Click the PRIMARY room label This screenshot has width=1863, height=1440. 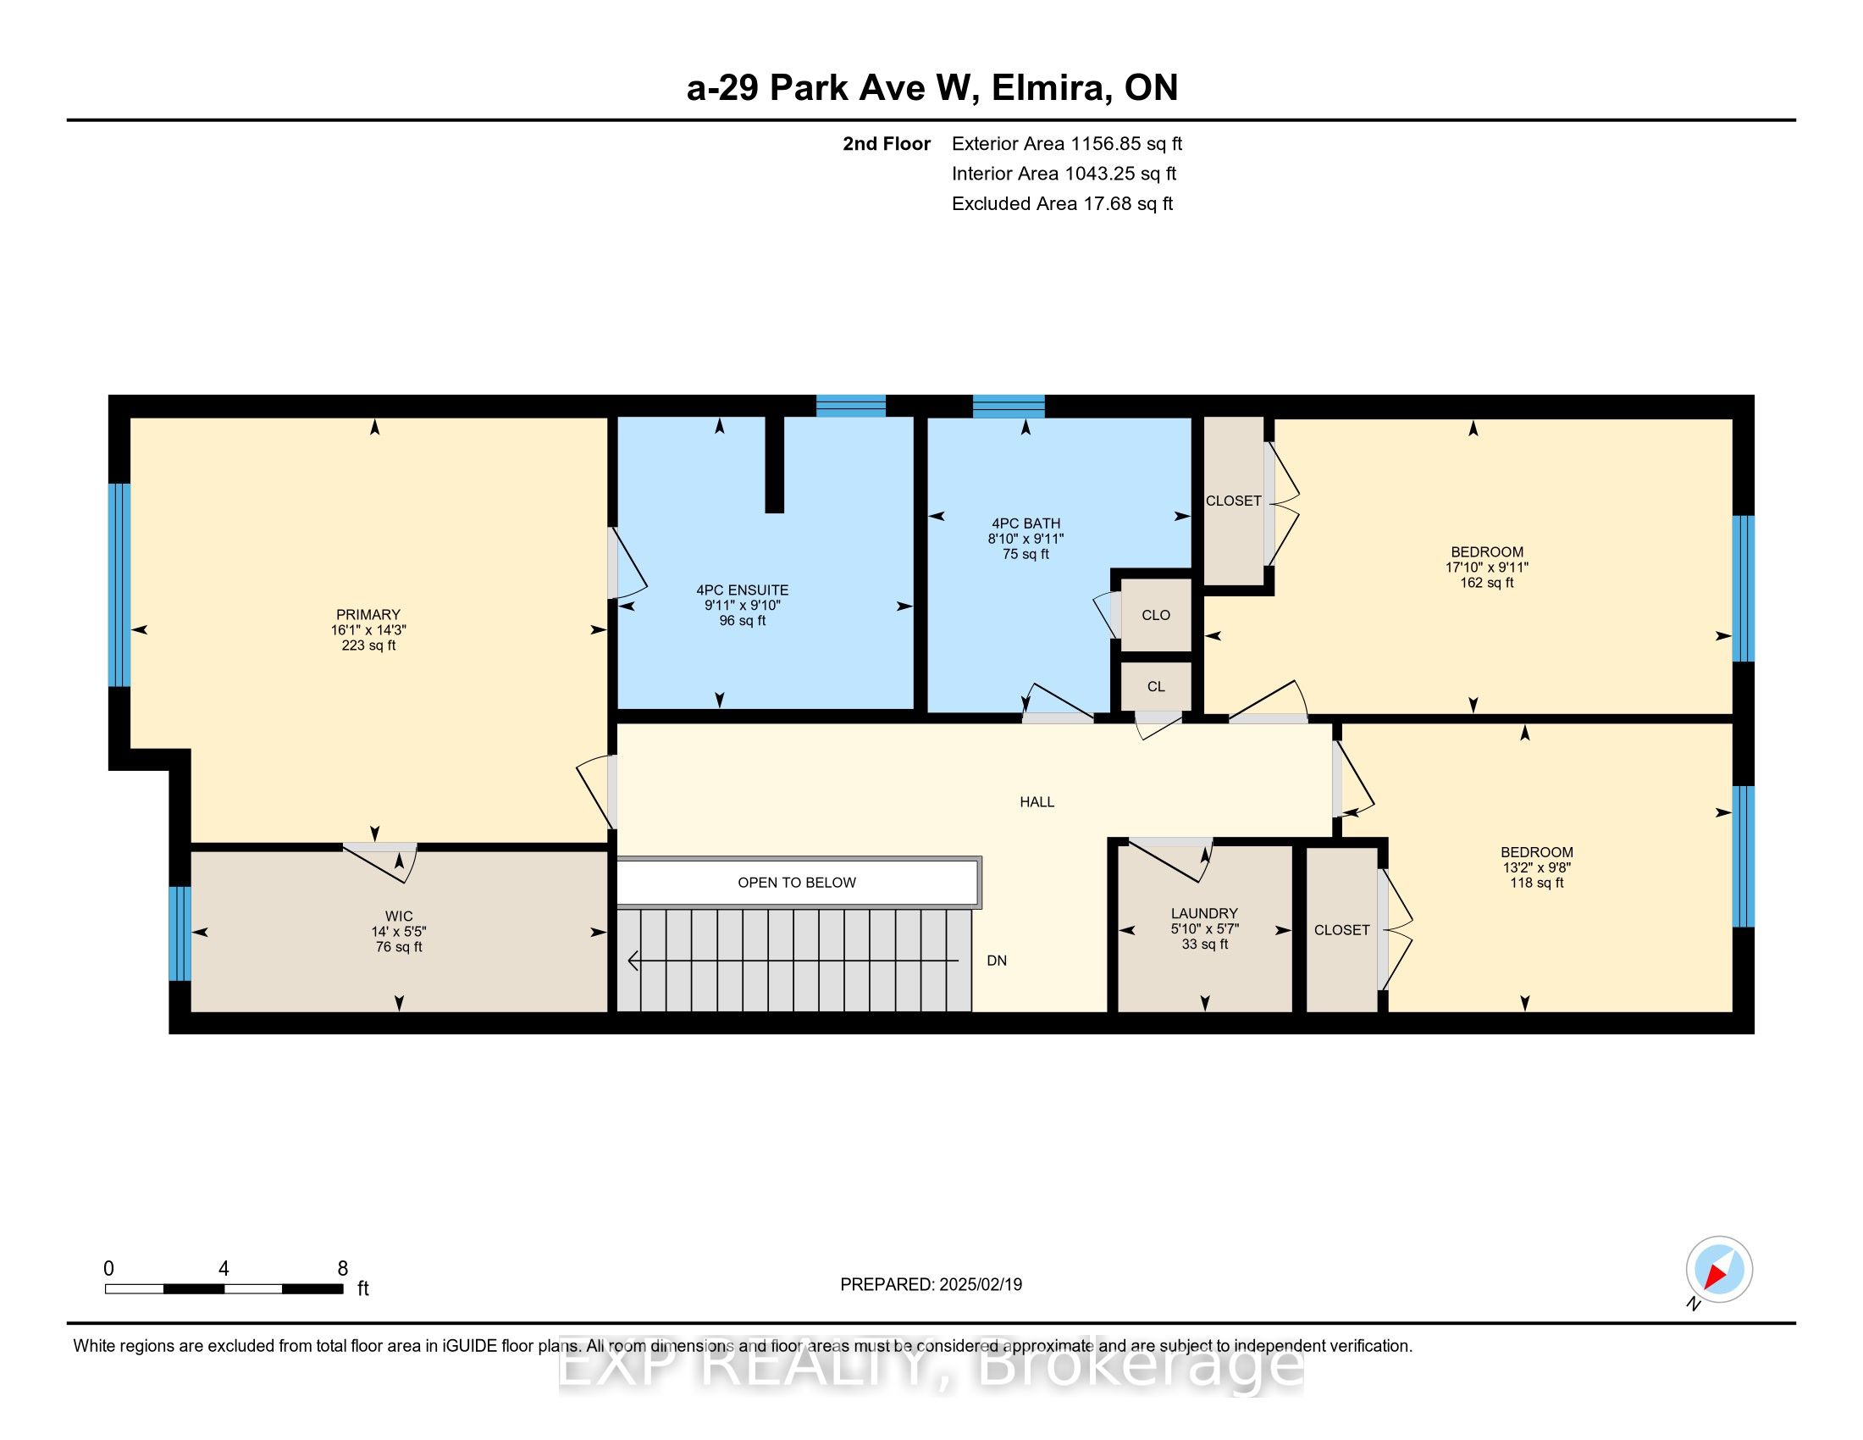[368, 614]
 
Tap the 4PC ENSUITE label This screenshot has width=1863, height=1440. [742, 590]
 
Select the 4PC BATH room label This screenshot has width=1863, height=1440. [1026, 523]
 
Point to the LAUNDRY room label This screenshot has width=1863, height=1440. [1204, 913]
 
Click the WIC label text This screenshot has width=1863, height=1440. [398, 917]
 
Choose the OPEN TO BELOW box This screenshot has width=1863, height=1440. [797, 882]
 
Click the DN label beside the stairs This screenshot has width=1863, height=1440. [997, 961]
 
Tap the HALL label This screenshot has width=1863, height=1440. [1037, 802]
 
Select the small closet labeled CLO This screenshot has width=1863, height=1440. [1156, 615]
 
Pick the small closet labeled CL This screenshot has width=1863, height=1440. [1156, 687]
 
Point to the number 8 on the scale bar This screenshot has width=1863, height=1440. [342, 1268]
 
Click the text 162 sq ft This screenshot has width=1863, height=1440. [1487, 583]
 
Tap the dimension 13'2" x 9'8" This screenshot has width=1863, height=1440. [1537, 867]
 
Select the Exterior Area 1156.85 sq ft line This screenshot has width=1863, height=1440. [1067, 143]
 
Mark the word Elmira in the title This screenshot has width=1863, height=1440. [1052, 88]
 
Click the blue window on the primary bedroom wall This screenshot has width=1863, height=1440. [119, 584]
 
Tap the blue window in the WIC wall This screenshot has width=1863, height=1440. [180, 933]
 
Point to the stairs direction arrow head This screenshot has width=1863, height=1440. [632, 961]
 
